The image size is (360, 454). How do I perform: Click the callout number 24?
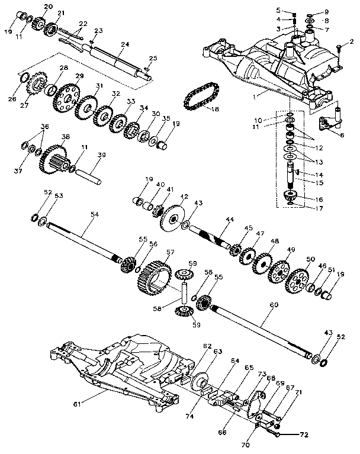(124, 44)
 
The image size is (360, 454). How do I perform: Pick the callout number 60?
(273, 305)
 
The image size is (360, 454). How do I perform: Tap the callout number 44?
(230, 220)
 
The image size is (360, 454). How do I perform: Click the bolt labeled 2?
(338, 49)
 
